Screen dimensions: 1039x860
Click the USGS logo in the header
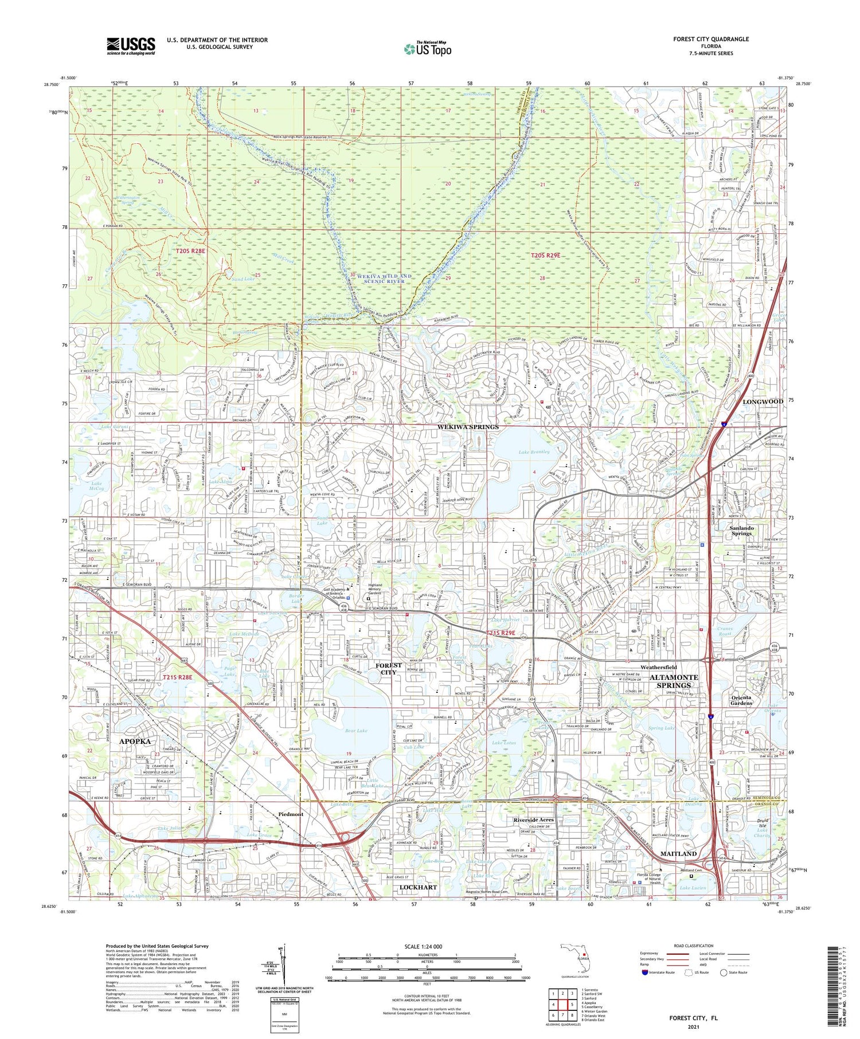(x=131, y=46)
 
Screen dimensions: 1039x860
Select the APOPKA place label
(x=135, y=741)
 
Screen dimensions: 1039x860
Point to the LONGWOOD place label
(x=763, y=402)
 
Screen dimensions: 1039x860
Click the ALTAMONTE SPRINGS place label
(x=674, y=681)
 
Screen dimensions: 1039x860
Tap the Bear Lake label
(x=356, y=731)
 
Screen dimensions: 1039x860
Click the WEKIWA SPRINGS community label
(x=468, y=427)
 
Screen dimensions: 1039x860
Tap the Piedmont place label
(x=291, y=814)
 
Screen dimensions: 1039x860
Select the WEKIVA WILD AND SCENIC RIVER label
(x=384, y=279)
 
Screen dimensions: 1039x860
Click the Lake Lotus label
(x=504, y=743)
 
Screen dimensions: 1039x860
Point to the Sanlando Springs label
(x=741, y=530)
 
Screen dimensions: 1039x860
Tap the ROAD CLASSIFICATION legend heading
(x=694, y=946)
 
